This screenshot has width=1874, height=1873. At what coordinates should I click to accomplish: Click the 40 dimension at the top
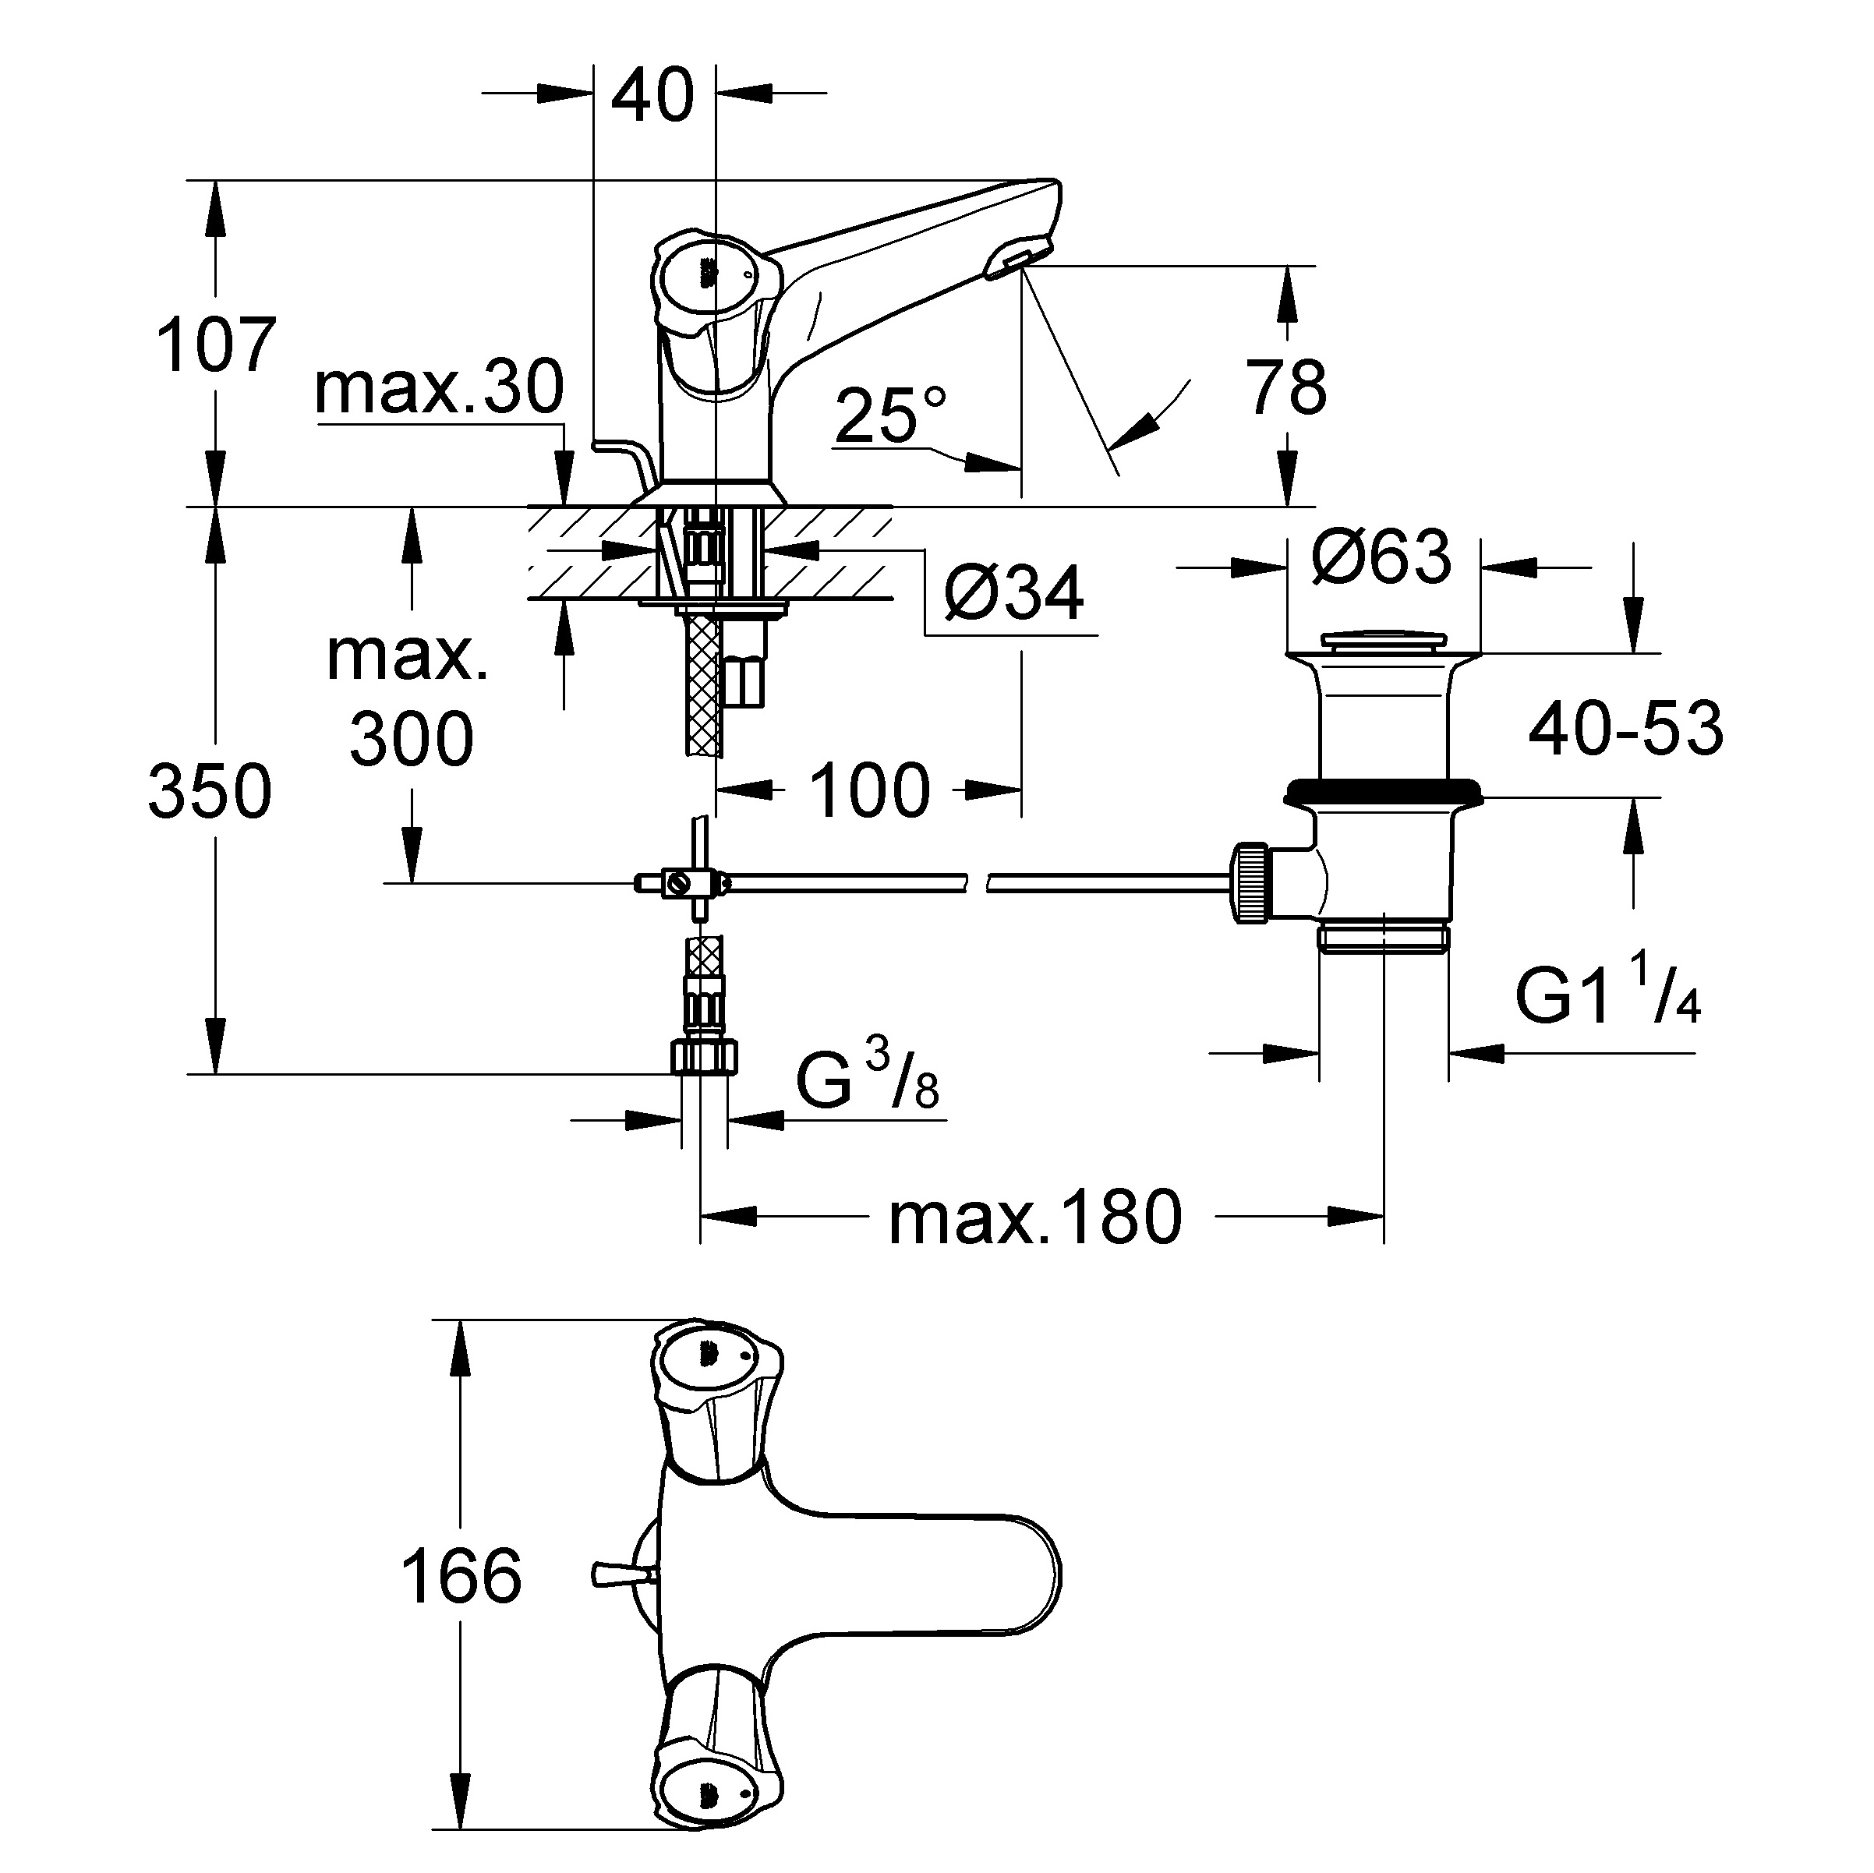(652, 95)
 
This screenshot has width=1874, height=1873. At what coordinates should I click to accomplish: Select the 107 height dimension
(215, 345)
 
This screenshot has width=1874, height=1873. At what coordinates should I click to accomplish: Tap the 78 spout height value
(1286, 388)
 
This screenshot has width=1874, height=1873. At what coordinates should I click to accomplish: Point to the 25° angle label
(889, 415)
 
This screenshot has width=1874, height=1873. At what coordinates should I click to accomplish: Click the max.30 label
(440, 388)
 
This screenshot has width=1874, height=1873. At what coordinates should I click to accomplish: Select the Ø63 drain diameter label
(1381, 557)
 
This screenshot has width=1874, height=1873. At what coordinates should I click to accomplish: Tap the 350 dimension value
(210, 791)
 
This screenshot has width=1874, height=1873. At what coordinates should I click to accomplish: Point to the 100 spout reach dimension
(870, 790)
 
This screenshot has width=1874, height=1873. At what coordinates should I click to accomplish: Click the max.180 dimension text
(1035, 1219)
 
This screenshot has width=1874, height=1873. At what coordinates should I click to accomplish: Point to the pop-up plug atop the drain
(1381, 640)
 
